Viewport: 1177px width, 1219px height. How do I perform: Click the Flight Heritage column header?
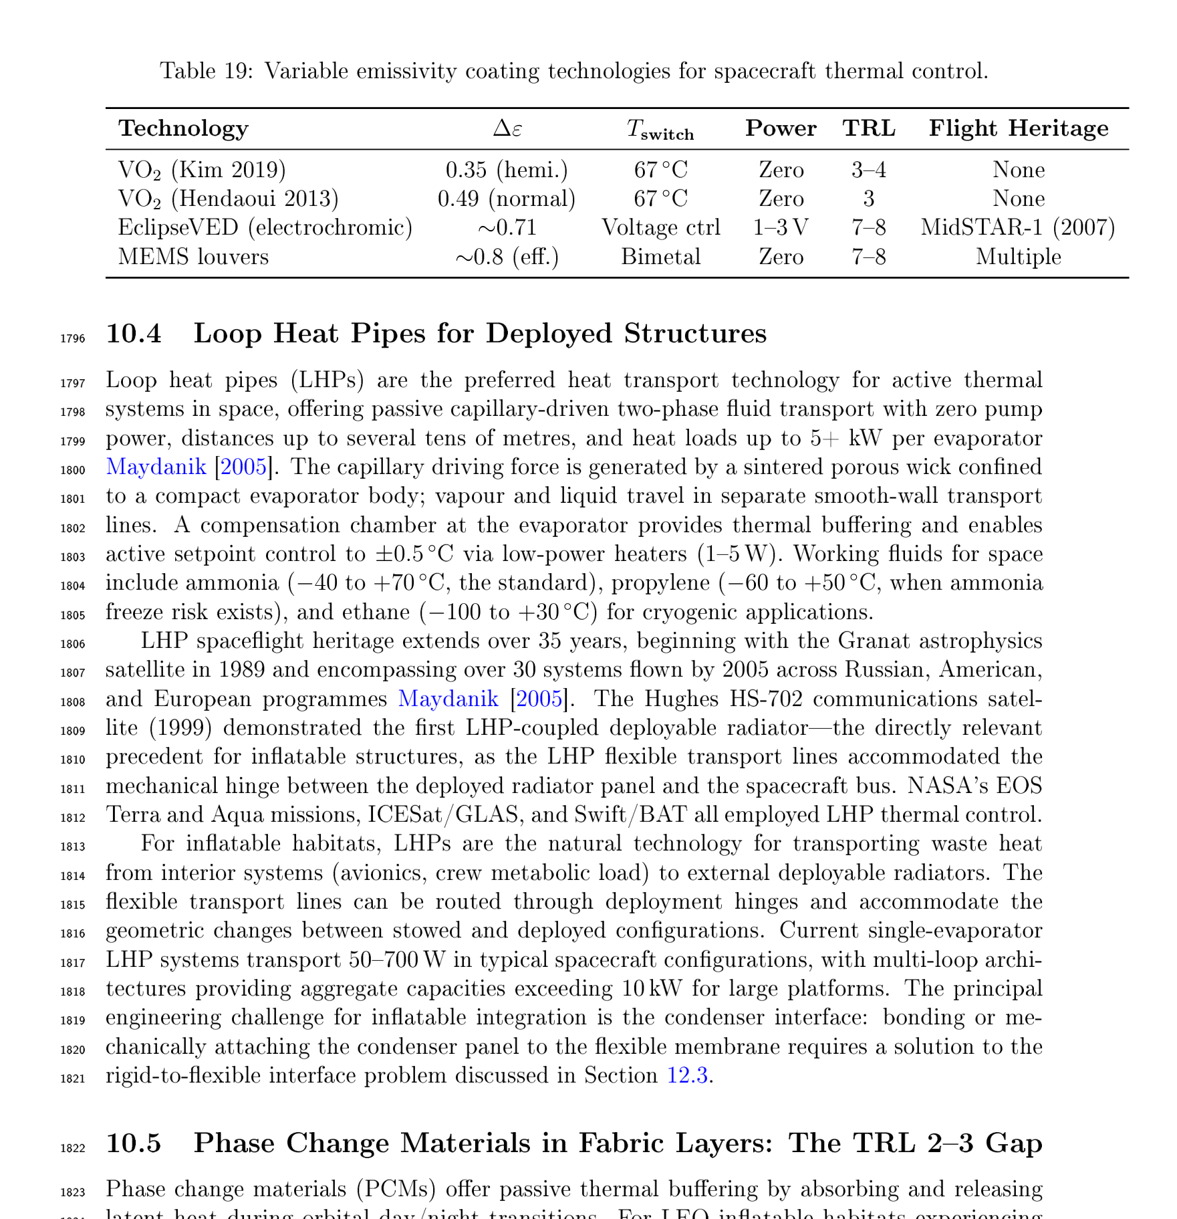click(1018, 128)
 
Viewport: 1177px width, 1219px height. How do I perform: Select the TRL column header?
click(869, 128)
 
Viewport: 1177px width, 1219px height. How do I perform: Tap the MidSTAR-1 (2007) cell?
click(1018, 228)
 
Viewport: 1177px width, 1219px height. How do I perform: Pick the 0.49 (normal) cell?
click(507, 199)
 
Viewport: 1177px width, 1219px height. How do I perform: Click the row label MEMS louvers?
click(193, 257)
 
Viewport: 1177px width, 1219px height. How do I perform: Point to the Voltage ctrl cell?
click(660, 228)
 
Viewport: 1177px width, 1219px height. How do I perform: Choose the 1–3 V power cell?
click(781, 228)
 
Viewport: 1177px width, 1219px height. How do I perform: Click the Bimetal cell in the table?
click(660, 257)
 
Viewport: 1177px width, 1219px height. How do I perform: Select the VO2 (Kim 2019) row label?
click(202, 171)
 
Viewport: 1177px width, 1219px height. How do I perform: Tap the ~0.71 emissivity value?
click(507, 228)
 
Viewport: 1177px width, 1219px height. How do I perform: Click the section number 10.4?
click(134, 334)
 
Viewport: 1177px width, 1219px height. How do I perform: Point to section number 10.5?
click(134, 1143)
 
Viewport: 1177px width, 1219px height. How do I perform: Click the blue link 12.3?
click(688, 1076)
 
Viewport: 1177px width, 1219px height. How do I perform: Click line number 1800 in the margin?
click(73, 470)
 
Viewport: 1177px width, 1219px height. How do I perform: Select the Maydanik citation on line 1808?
click(448, 699)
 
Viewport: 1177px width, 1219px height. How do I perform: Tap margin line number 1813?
click(73, 847)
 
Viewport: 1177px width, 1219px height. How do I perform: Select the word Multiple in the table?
click(1018, 257)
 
